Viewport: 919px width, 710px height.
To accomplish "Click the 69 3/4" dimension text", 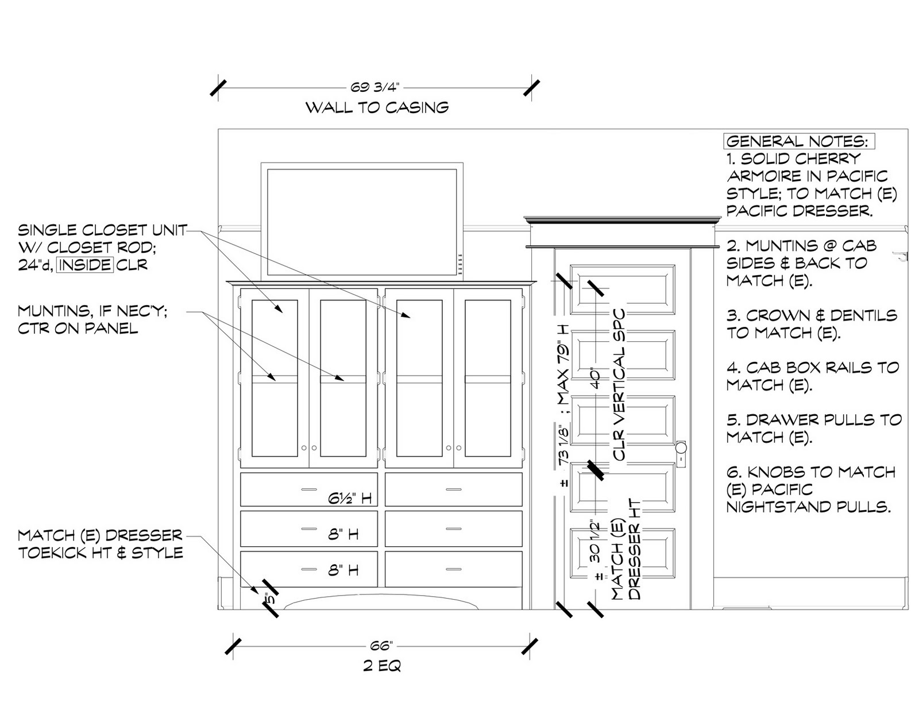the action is click(x=374, y=87).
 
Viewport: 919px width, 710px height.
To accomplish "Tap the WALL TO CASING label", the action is click(x=377, y=107).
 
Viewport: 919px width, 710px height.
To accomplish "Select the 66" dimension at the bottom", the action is click(x=381, y=646).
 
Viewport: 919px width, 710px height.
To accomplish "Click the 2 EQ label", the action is click(x=382, y=666).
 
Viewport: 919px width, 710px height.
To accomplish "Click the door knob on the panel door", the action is click(x=681, y=447).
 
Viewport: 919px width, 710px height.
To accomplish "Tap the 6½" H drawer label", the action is click(x=350, y=499).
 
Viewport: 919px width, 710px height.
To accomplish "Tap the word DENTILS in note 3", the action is click(x=862, y=315).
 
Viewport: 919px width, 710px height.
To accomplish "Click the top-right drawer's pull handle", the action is click(x=454, y=490).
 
